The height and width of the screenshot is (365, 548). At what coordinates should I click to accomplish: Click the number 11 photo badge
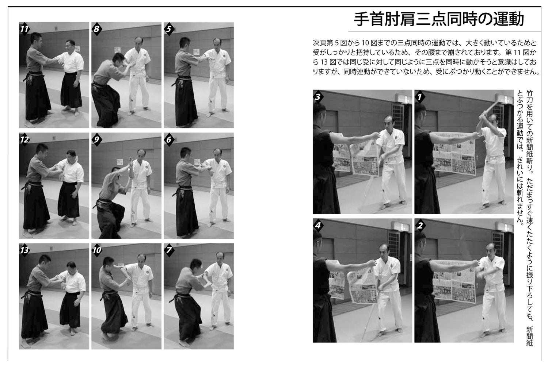[x=24, y=29]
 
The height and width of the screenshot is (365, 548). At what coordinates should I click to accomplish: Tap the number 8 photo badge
[x=97, y=29]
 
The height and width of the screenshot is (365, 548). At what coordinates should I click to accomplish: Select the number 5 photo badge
[x=169, y=29]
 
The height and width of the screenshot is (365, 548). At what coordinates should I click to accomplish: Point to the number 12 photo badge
[x=24, y=139]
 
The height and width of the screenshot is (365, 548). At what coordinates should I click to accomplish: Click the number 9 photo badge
[x=97, y=139]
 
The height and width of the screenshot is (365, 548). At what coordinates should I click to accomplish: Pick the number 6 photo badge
[x=169, y=139]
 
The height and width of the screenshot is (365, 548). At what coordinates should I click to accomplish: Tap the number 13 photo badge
[x=24, y=250]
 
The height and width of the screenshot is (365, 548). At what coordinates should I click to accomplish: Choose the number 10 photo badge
[x=97, y=250]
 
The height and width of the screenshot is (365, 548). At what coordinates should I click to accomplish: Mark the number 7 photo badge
[x=169, y=250]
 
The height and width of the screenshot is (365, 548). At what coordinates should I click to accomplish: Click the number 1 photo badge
[x=420, y=97]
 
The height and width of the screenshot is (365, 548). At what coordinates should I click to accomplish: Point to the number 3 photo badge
[x=318, y=97]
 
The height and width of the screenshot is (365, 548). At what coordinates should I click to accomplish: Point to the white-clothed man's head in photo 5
[x=217, y=43]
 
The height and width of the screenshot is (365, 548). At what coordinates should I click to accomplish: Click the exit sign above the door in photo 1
[x=405, y=99]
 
